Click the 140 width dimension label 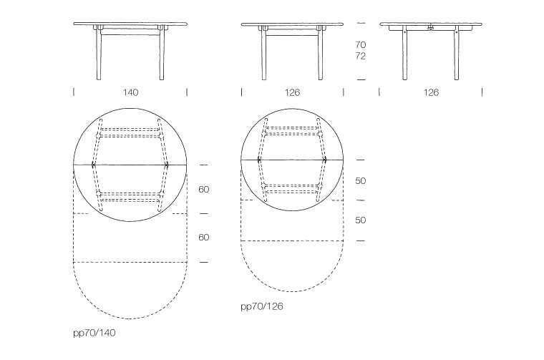click(130, 92)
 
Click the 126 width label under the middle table click(292, 92)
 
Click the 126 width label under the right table click(431, 92)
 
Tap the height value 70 click(361, 45)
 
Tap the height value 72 click(361, 56)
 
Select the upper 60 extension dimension click(204, 190)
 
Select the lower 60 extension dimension click(204, 237)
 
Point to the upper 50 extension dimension click(361, 180)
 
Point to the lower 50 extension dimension click(361, 220)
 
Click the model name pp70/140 click(94, 333)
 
